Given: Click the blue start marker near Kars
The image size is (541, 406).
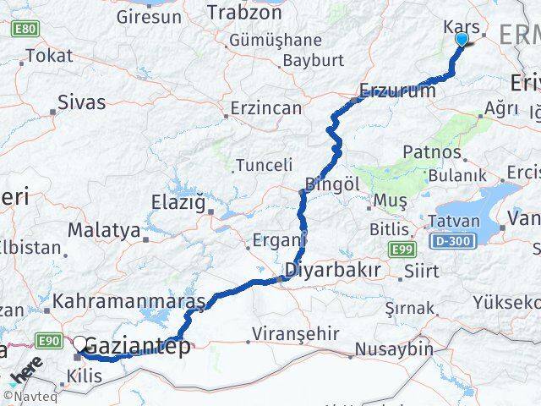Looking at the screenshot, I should tap(462, 39).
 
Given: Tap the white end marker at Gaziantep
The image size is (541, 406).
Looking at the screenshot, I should tap(80, 343).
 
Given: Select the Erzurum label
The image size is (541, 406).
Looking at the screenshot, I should tap(397, 91).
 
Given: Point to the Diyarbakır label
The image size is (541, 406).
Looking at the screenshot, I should tap(332, 271).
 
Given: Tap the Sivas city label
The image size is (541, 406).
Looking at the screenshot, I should tap(81, 102).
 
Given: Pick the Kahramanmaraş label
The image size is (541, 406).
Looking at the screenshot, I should tap(128, 301).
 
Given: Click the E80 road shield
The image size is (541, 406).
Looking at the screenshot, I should tap(25, 30).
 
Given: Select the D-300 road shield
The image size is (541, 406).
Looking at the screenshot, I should tap(457, 242).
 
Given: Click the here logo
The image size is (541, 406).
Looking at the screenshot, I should tap(25, 370).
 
